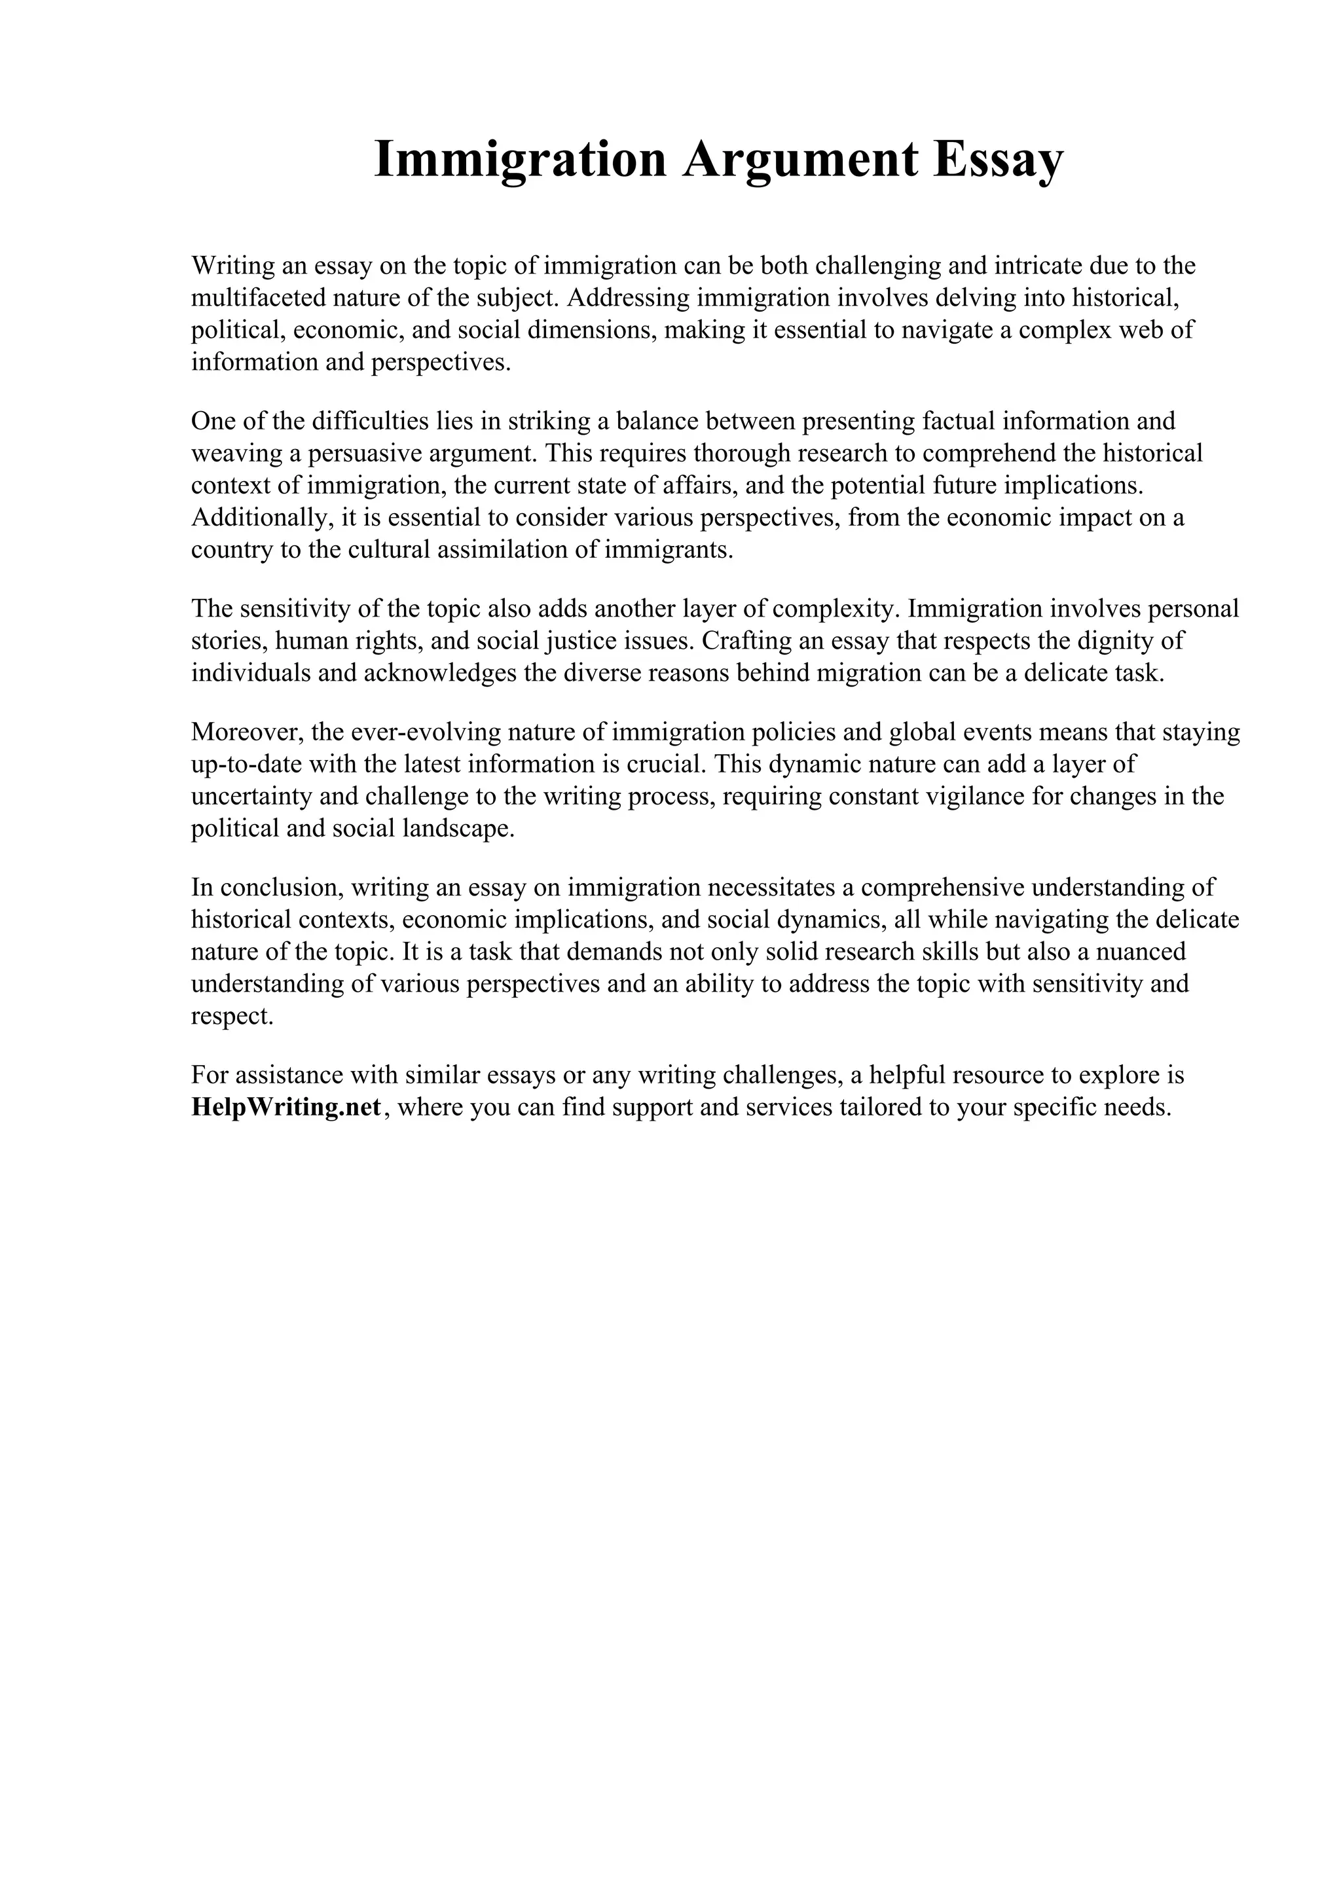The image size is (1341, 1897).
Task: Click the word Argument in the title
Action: pos(799,160)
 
